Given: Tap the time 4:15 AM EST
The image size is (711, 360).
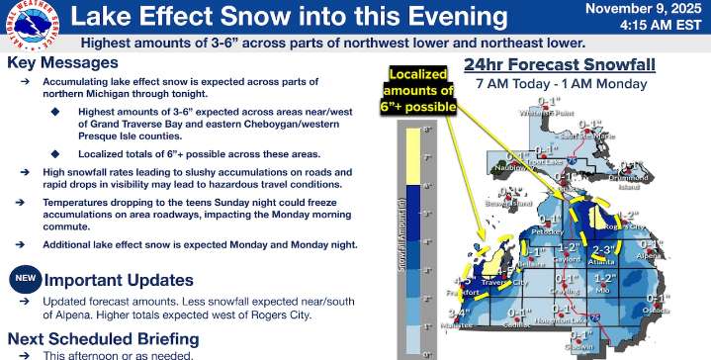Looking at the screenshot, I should [x=658, y=27].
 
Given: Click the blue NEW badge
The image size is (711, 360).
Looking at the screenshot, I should [x=25, y=280].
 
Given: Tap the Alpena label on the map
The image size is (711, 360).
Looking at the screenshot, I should [x=649, y=252].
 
